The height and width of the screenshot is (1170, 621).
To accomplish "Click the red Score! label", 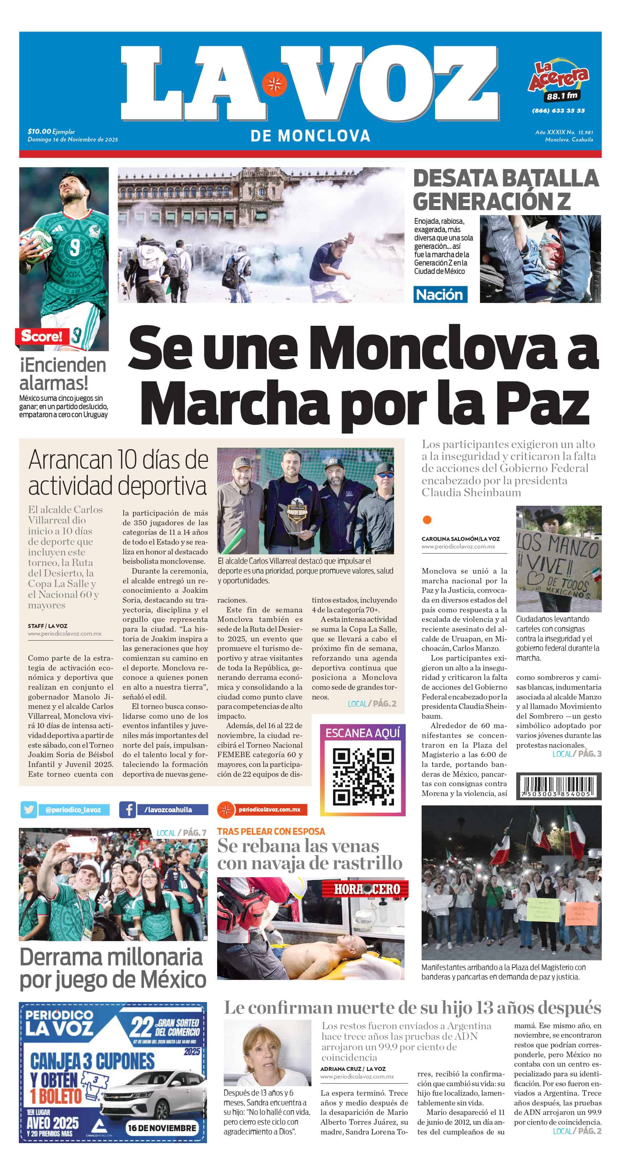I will pyautogui.click(x=42, y=336).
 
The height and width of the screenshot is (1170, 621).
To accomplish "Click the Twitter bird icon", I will pyautogui.click(x=29, y=809).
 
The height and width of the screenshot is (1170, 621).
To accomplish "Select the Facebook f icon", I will pyautogui.click(x=128, y=809).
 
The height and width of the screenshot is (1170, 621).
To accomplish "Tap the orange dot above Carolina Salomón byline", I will pyautogui.click(x=427, y=520).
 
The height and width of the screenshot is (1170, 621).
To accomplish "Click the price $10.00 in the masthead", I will pyautogui.click(x=39, y=131).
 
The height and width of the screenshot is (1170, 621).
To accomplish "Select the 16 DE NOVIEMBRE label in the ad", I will pyautogui.click(x=162, y=1128).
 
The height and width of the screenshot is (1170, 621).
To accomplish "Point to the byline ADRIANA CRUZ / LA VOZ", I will pyautogui.click(x=353, y=1069).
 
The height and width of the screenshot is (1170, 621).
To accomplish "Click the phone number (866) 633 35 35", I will pyautogui.click(x=558, y=110).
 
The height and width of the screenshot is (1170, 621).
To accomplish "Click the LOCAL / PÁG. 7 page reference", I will pyautogui.click(x=181, y=833).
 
